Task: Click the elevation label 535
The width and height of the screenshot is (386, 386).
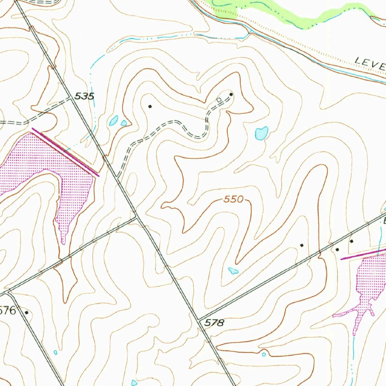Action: [x=84, y=96]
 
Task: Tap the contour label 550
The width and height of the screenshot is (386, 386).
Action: [x=234, y=199]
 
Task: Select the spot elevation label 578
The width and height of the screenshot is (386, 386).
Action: [x=215, y=323]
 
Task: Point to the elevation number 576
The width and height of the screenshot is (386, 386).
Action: [x=8, y=311]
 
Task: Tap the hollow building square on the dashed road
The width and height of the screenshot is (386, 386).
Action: [x=219, y=100]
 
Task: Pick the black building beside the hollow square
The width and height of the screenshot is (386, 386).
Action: [x=231, y=94]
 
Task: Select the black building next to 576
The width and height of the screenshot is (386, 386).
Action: [x=26, y=312]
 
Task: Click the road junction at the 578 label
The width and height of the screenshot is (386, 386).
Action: [x=199, y=319]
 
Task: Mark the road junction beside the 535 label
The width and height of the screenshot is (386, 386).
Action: [x=72, y=98]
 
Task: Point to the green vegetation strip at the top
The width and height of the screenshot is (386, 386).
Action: [x=286, y=13]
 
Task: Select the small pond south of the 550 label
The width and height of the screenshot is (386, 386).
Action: [x=233, y=270]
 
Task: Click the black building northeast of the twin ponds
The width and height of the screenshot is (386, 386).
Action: [x=150, y=107]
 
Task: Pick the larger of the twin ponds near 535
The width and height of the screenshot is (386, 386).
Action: [x=113, y=121]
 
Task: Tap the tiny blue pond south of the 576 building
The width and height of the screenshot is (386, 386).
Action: [x=55, y=352]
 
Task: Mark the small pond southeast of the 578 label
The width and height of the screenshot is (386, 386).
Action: [x=264, y=354]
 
